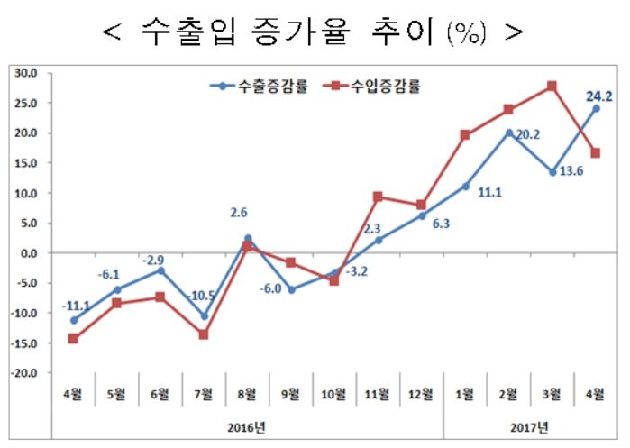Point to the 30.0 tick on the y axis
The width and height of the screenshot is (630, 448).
click(24, 73)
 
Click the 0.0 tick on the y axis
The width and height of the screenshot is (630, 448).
click(27, 253)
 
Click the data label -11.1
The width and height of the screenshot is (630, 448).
click(74, 306)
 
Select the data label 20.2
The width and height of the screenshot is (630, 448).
click(527, 135)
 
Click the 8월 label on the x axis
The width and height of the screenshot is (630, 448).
click(247, 393)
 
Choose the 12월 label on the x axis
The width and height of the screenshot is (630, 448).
click(421, 393)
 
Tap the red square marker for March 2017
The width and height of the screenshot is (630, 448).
click(552, 87)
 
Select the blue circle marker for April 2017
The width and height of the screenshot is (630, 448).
click(596, 108)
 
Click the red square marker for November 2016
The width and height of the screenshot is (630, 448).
click(378, 197)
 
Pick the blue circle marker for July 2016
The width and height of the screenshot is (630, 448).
click(204, 316)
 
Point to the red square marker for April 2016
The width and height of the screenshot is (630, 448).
click(73, 339)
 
